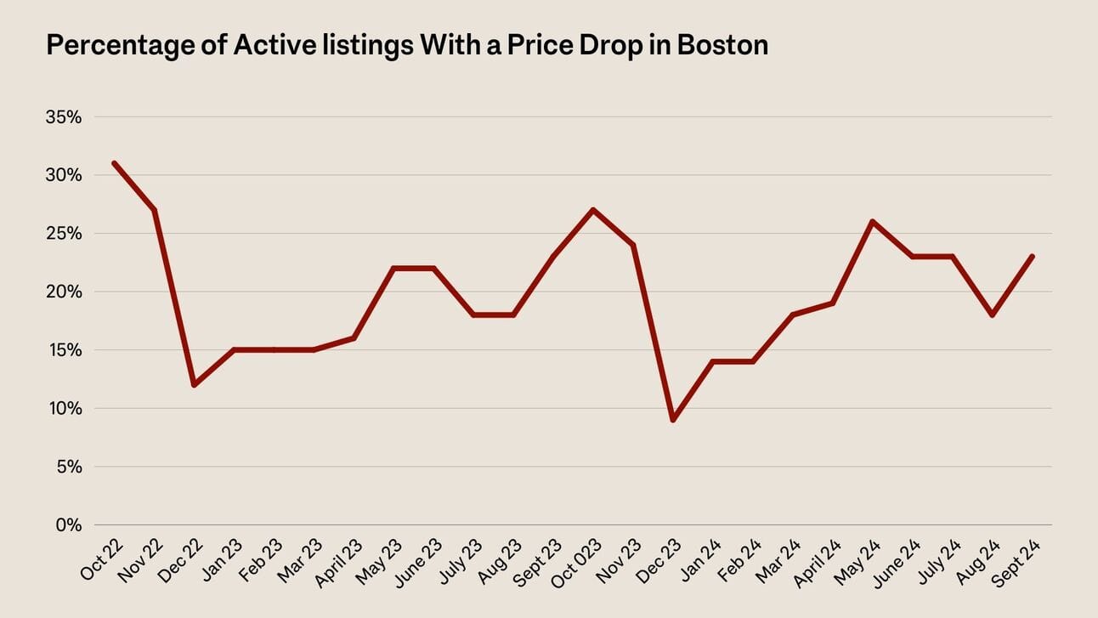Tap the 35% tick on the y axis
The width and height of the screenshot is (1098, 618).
tap(64, 116)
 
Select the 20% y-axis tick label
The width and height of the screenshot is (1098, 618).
tap(64, 292)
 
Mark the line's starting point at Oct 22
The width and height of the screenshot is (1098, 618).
tap(114, 163)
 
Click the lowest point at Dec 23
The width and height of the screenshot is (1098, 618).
tap(673, 420)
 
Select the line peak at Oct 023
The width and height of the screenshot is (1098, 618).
tap(593, 210)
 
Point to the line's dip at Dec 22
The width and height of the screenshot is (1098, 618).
tap(194, 385)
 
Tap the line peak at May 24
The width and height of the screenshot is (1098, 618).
tap(872, 221)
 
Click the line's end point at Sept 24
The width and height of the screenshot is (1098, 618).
tap(1032, 256)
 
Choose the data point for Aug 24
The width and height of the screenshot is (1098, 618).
tap(992, 315)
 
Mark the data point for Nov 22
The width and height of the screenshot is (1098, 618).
tap(154, 210)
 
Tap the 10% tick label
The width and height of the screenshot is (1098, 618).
tap(64, 408)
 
